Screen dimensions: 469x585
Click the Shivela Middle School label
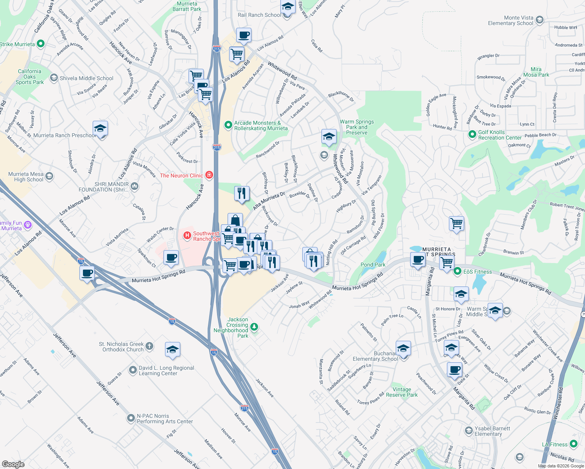[x=86, y=78]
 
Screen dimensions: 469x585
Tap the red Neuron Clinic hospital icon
[x=209, y=175]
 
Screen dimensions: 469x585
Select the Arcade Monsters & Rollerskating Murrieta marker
[x=228, y=125]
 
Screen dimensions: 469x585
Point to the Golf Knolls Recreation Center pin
[x=472, y=135]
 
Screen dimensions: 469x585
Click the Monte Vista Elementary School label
[x=510, y=21]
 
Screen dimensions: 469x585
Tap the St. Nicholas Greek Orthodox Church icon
[x=149, y=346]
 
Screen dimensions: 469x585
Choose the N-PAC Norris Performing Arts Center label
[x=165, y=419]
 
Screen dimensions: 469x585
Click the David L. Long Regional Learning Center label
[x=166, y=371]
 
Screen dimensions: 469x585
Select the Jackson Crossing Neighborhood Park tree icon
[x=254, y=327]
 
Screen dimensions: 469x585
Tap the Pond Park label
[x=373, y=265]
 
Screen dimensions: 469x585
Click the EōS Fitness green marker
[x=457, y=271]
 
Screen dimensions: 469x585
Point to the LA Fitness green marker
[x=574, y=444]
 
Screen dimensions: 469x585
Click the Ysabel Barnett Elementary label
[x=492, y=431]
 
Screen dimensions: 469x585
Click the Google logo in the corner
[x=13, y=464]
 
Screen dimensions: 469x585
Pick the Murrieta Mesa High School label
[x=26, y=177]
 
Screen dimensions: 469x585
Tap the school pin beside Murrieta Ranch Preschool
[x=100, y=128]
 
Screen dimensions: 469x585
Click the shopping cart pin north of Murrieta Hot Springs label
[x=456, y=224]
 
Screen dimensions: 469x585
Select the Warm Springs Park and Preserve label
[x=357, y=127]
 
